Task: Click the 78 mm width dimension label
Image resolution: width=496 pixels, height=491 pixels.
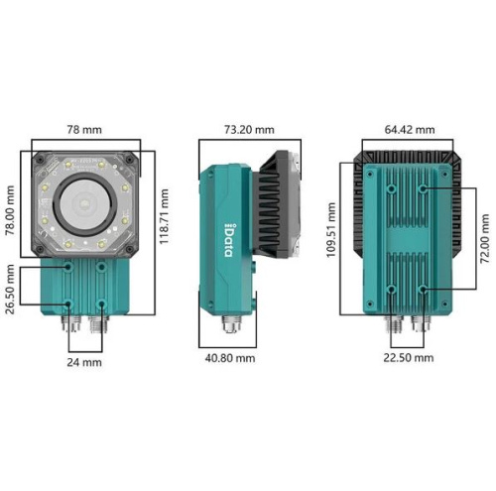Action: point(84,129)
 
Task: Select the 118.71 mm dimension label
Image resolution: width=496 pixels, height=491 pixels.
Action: point(164,216)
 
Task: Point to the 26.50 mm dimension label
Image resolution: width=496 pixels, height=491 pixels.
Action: point(10,289)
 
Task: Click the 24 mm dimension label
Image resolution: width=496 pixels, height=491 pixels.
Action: point(84,362)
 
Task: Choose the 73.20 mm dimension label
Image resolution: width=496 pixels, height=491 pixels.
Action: point(249,129)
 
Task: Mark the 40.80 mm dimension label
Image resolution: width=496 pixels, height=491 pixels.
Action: point(230,358)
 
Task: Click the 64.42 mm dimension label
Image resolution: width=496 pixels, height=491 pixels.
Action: point(410,129)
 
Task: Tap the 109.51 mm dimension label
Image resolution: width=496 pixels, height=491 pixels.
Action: point(331,230)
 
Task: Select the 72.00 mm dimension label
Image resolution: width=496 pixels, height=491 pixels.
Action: point(485,238)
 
